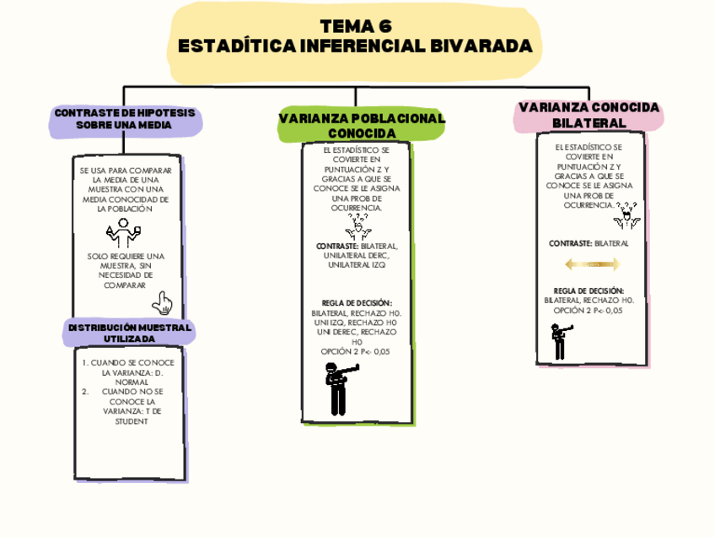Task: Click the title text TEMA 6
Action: pyautogui.click(x=357, y=25)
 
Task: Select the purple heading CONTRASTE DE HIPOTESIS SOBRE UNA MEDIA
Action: pyautogui.click(x=124, y=119)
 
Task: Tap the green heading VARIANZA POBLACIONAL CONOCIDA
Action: pyautogui.click(x=362, y=127)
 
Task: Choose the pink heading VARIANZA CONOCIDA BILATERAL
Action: pyautogui.click(x=589, y=116)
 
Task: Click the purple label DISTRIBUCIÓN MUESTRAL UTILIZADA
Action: pyautogui.click(x=129, y=333)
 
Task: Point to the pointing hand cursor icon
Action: pyautogui.click(x=161, y=303)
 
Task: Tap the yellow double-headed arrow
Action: pyautogui.click(x=592, y=264)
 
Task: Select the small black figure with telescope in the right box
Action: pyautogui.click(x=560, y=341)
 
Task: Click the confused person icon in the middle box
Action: pyautogui.click(x=358, y=225)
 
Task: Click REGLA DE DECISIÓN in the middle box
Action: pyautogui.click(x=357, y=303)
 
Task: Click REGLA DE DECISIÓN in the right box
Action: pyautogui.click(x=589, y=290)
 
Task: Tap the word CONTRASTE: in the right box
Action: pyautogui.click(x=570, y=243)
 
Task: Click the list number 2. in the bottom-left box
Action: pyautogui.click(x=86, y=392)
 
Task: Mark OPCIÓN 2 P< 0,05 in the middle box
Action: pyautogui.click(x=357, y=351)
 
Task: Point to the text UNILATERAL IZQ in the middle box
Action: pyautogui.click(x=357, y=265)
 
